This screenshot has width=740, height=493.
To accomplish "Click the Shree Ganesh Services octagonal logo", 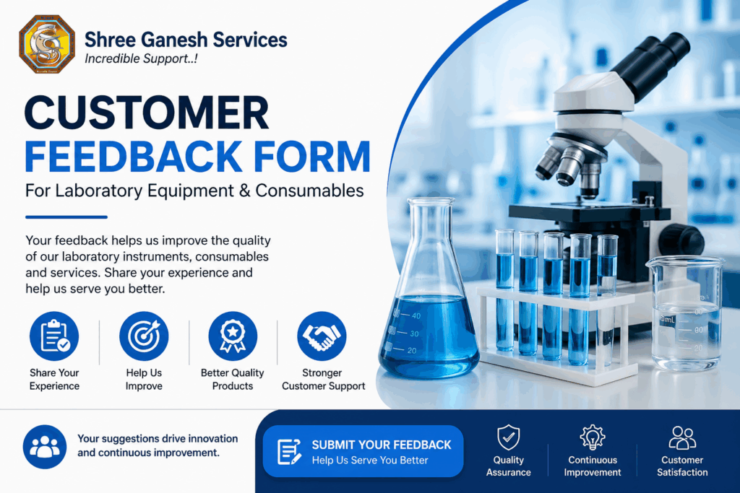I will pos(46,45).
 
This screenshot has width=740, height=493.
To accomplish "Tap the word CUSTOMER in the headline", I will pos(147,114).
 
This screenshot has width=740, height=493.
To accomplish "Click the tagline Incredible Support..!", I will pos(141,59).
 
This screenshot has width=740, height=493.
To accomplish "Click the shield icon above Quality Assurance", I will pos(509,437).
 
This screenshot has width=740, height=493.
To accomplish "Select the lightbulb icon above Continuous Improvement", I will pos(593,437).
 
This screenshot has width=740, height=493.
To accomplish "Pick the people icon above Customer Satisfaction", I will pos(682,437).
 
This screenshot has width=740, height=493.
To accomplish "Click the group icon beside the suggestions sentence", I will pos(46,447).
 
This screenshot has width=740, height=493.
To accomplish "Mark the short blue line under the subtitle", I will pos(66,217).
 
